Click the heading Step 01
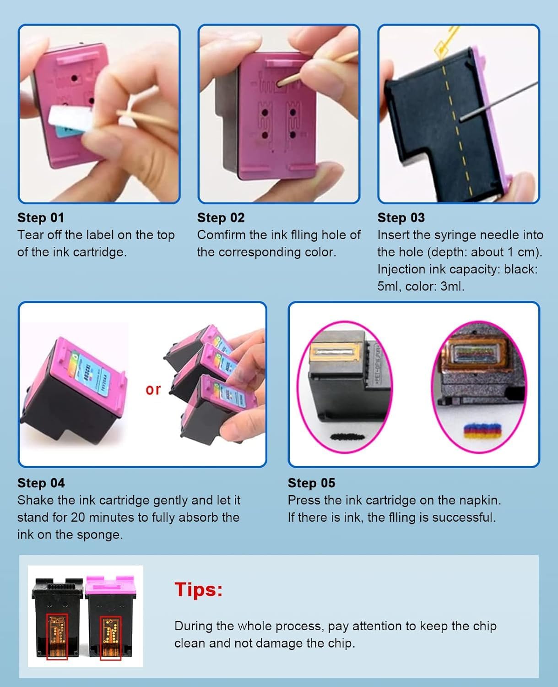[x=41, y=218]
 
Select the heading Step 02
[x=221, y=218]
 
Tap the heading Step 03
[x=401, y=218]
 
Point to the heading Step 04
[x=41, y=483]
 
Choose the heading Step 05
[x=311, y=483]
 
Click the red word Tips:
[x=198, y=589]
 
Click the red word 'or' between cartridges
[x=153, y=390]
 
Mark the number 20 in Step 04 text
[x=78, y=518]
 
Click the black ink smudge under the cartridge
[x=348, y=437]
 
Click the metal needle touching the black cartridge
[x=498, y=101]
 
